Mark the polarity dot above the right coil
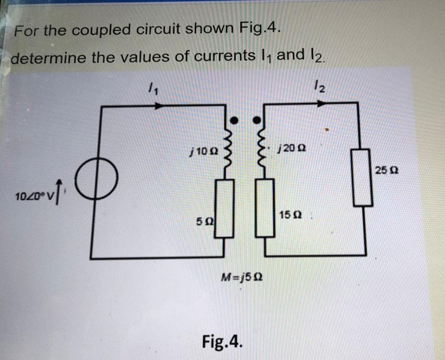click(258, 118)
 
